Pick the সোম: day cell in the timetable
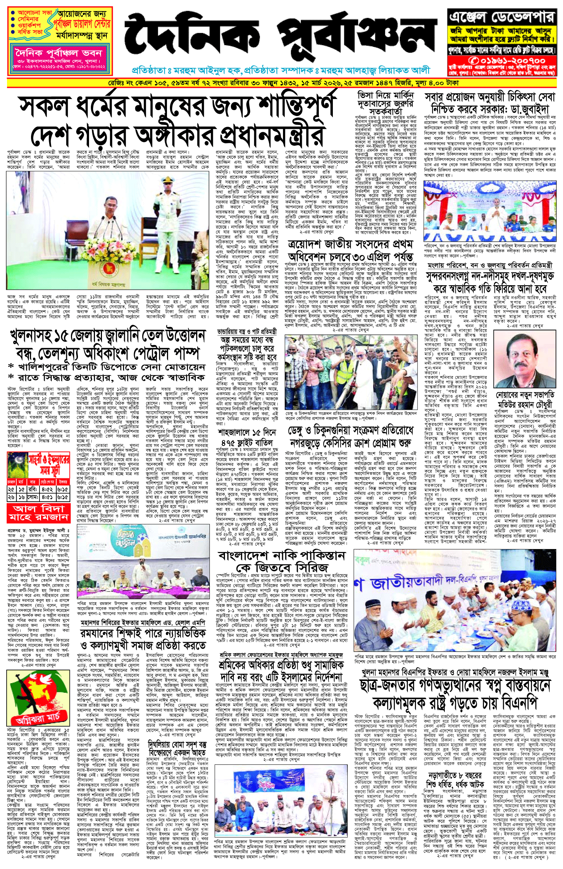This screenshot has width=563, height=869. click(33, 497)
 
